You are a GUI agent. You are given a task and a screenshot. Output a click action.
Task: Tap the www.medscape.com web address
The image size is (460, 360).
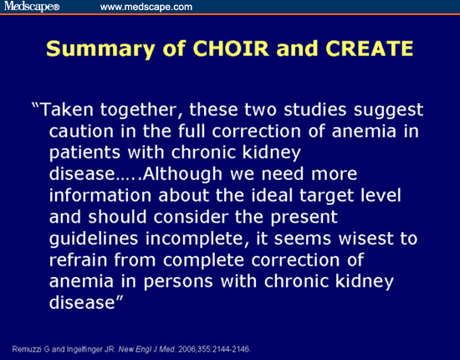point(146,8)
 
